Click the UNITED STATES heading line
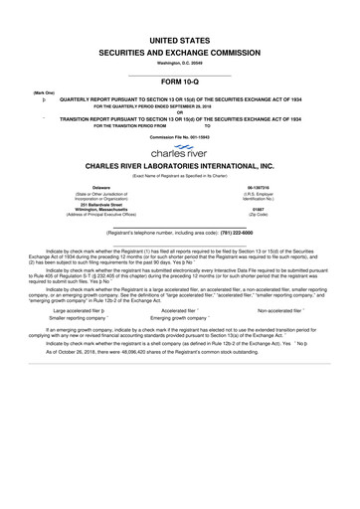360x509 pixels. (179, 34)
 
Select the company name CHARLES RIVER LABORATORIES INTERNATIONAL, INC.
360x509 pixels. (180, 171)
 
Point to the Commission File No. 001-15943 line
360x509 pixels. (180, 136)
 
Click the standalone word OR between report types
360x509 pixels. (180, 110)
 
